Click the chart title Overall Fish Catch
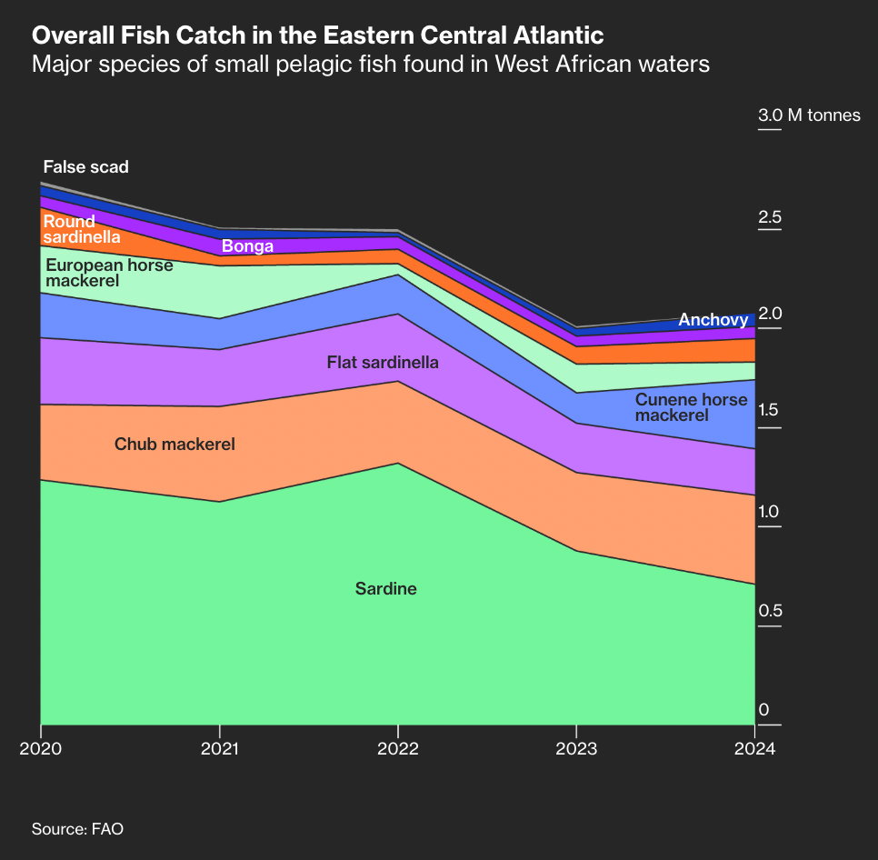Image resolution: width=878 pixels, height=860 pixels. (317, 35)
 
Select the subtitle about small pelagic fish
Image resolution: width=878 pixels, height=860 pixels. (370, 65)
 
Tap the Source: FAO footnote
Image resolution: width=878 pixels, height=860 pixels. (77, 829)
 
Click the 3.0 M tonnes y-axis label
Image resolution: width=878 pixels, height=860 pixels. (809, 115)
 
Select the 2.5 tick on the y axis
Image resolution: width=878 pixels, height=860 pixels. (770, 216)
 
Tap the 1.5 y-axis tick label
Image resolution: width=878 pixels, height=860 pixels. (769, 410)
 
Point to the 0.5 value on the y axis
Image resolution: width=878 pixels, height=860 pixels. (770, 610)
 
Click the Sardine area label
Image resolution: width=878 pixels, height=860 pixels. (385, 589)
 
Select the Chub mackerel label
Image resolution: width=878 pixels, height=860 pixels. (175, 445)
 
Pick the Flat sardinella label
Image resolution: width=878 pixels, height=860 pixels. (383, 363)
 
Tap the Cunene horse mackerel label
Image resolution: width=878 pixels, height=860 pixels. (691, 407)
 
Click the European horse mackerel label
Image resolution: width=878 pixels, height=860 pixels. (110, 273)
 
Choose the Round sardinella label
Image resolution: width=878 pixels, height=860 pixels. (82, 229)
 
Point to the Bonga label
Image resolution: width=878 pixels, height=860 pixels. (247, 246)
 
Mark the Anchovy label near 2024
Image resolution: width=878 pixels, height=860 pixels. (713, 320)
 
